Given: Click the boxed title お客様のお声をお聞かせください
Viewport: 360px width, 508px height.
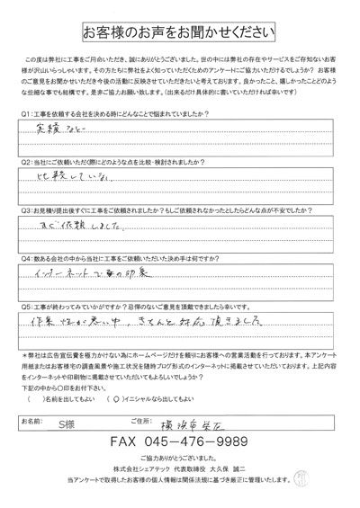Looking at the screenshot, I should [180, 33].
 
